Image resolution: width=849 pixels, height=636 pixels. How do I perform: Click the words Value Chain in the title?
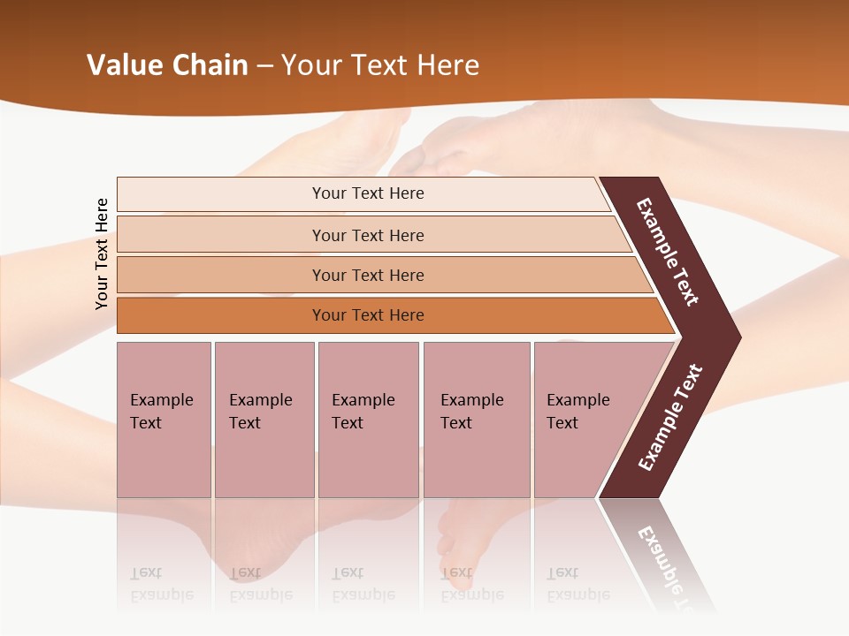click(x=167, y=65)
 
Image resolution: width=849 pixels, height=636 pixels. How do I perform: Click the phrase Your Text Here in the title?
click(x=380, y=65)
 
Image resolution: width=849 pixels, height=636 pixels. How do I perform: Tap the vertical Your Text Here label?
click(x=102, y=254)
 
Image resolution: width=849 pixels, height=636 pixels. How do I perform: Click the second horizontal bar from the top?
click(x=367, y=235)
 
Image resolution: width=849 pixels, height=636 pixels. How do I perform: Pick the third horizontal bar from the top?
click(x=367, y=276)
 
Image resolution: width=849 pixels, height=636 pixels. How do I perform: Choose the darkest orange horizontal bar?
click(x=367, y=315)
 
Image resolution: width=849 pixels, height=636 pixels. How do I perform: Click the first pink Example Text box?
click(x=164, y=420)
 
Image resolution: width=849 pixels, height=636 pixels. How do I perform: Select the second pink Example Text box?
click(x=264, y=420)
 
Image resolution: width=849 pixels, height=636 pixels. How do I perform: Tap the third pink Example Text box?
click(x=368, y=420)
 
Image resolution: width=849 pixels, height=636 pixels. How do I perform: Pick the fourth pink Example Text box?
click(x=476, y=420)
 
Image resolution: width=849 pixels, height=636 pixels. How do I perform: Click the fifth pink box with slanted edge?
click(x=584, y=420)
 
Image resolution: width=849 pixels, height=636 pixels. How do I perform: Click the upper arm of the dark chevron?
click(x=668, y=252)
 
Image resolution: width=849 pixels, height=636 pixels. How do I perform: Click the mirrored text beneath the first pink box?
click(x=160, y=584)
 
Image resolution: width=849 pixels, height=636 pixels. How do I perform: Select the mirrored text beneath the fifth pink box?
click(x=577, y=584)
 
